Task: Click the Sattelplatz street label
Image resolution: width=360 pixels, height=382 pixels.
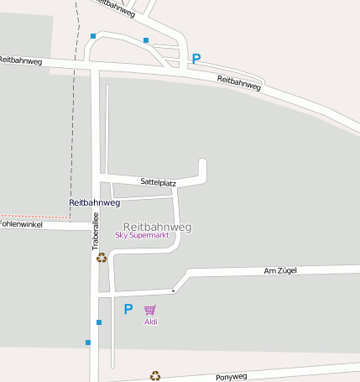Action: coord(158,181)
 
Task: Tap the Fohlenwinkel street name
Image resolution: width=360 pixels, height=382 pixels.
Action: coord(21,224)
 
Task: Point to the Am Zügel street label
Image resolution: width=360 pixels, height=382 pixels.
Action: coord(280,270)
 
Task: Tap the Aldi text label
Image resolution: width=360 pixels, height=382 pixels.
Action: coord(151,322)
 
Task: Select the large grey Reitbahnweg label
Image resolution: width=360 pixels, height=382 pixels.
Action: coord(157,227)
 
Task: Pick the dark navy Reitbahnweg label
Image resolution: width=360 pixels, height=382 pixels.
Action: coord(94,202)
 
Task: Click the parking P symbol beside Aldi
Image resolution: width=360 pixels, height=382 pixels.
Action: coord(128,309)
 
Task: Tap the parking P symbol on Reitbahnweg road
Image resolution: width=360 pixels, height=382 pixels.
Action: coord(196,59)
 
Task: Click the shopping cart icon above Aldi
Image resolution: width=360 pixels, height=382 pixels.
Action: coord(150,310)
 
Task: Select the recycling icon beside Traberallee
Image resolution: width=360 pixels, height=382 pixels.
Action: coord(102,258)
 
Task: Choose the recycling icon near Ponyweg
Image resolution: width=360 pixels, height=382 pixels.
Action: coord(154,376)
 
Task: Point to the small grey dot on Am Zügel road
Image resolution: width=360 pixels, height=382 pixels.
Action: coord(174,290)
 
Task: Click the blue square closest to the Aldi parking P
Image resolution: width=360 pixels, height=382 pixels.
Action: coord(99,322)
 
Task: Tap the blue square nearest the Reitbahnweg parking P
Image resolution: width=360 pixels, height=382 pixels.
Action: coord(146,40)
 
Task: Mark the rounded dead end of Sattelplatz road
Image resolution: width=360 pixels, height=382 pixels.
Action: coord(201,162)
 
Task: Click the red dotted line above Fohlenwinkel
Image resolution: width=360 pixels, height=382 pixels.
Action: coord(34,216)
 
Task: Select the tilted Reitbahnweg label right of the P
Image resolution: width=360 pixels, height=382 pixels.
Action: coord(239,82)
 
